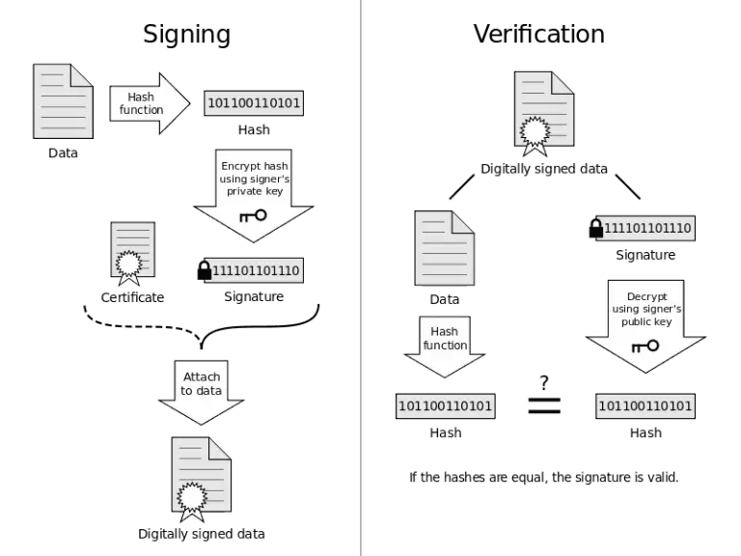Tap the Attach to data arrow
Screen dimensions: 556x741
click(201, 391)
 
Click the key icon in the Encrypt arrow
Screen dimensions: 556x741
click(253, 214)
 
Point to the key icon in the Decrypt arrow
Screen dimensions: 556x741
click(645, 346)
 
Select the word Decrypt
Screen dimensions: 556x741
click(645, 296)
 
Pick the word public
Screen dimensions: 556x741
click(638, 321)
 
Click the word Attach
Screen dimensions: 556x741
click(201, 376)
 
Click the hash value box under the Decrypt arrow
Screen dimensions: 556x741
click(645, 406)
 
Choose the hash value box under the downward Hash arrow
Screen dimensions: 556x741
click(445, 406)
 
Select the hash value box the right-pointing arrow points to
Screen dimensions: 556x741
click(255, 103)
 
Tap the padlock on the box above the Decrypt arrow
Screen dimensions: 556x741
click(596, 228)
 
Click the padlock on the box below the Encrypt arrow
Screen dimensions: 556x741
click(205, 269)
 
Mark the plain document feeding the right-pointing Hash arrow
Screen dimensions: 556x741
click(63, 100)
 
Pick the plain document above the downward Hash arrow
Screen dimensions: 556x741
click(444, 247)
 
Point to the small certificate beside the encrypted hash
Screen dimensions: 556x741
click(131, 253)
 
